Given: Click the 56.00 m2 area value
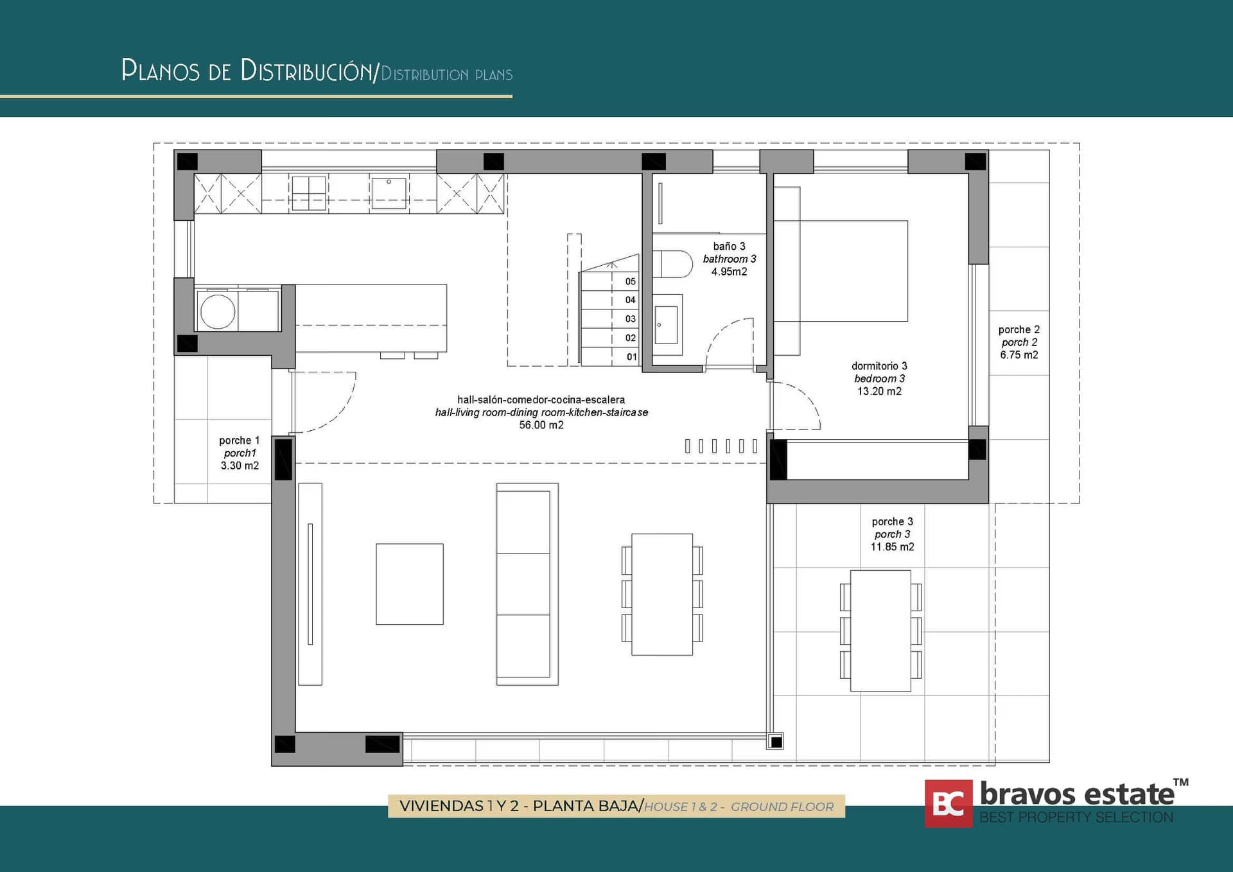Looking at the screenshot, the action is point(541,425).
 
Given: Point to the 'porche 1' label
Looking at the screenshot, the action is point(239,440).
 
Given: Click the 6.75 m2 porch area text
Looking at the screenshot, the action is point(1019,355).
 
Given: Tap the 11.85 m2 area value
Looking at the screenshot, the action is point(892,547).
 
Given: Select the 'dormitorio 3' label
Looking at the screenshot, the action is point(879,366).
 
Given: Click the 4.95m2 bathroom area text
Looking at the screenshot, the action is point(729,272).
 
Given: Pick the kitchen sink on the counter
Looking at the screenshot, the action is point(389,193).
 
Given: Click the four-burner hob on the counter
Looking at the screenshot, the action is point(309,193).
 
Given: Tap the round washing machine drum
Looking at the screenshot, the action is point(218,311).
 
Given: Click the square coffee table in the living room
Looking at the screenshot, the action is point(410,584).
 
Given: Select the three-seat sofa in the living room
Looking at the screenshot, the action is point(527,584).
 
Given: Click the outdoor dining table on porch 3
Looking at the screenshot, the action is point(880,631).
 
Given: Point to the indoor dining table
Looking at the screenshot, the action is point(662,594).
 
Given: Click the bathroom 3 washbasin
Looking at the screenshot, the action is point(668,325).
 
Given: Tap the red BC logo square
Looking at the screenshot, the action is point(949,803).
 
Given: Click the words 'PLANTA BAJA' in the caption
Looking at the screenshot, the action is point(586,806).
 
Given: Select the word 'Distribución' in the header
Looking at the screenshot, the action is point(306,71).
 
